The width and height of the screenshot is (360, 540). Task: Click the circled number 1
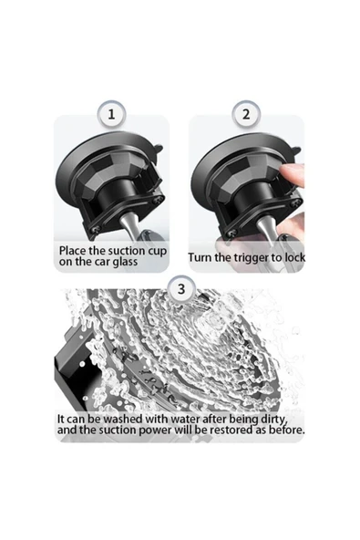click(x=111, y=114)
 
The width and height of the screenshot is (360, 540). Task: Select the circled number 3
click(x=180, y=289)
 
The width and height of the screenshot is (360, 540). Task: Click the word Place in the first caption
click(x=76, y=251)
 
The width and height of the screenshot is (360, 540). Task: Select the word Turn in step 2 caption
click(x=203, y=257)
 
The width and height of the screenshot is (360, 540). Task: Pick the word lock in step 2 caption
click(x=293, y=257)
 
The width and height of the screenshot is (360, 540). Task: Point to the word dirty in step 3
click(x=285, y=418)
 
